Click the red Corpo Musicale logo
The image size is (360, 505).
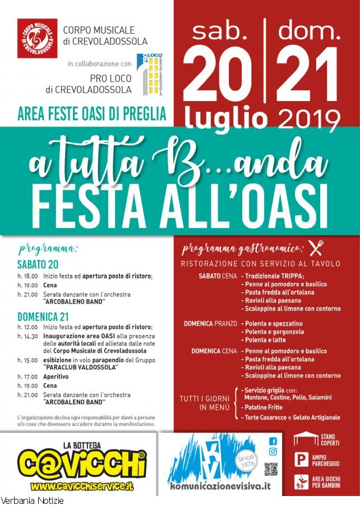(37, 38)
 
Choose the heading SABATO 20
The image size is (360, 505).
(38, 264)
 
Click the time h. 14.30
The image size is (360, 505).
(27, 336)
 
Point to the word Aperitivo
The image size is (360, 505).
(56, 377)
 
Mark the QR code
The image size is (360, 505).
(271, 469)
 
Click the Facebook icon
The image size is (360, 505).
(273, 441)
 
